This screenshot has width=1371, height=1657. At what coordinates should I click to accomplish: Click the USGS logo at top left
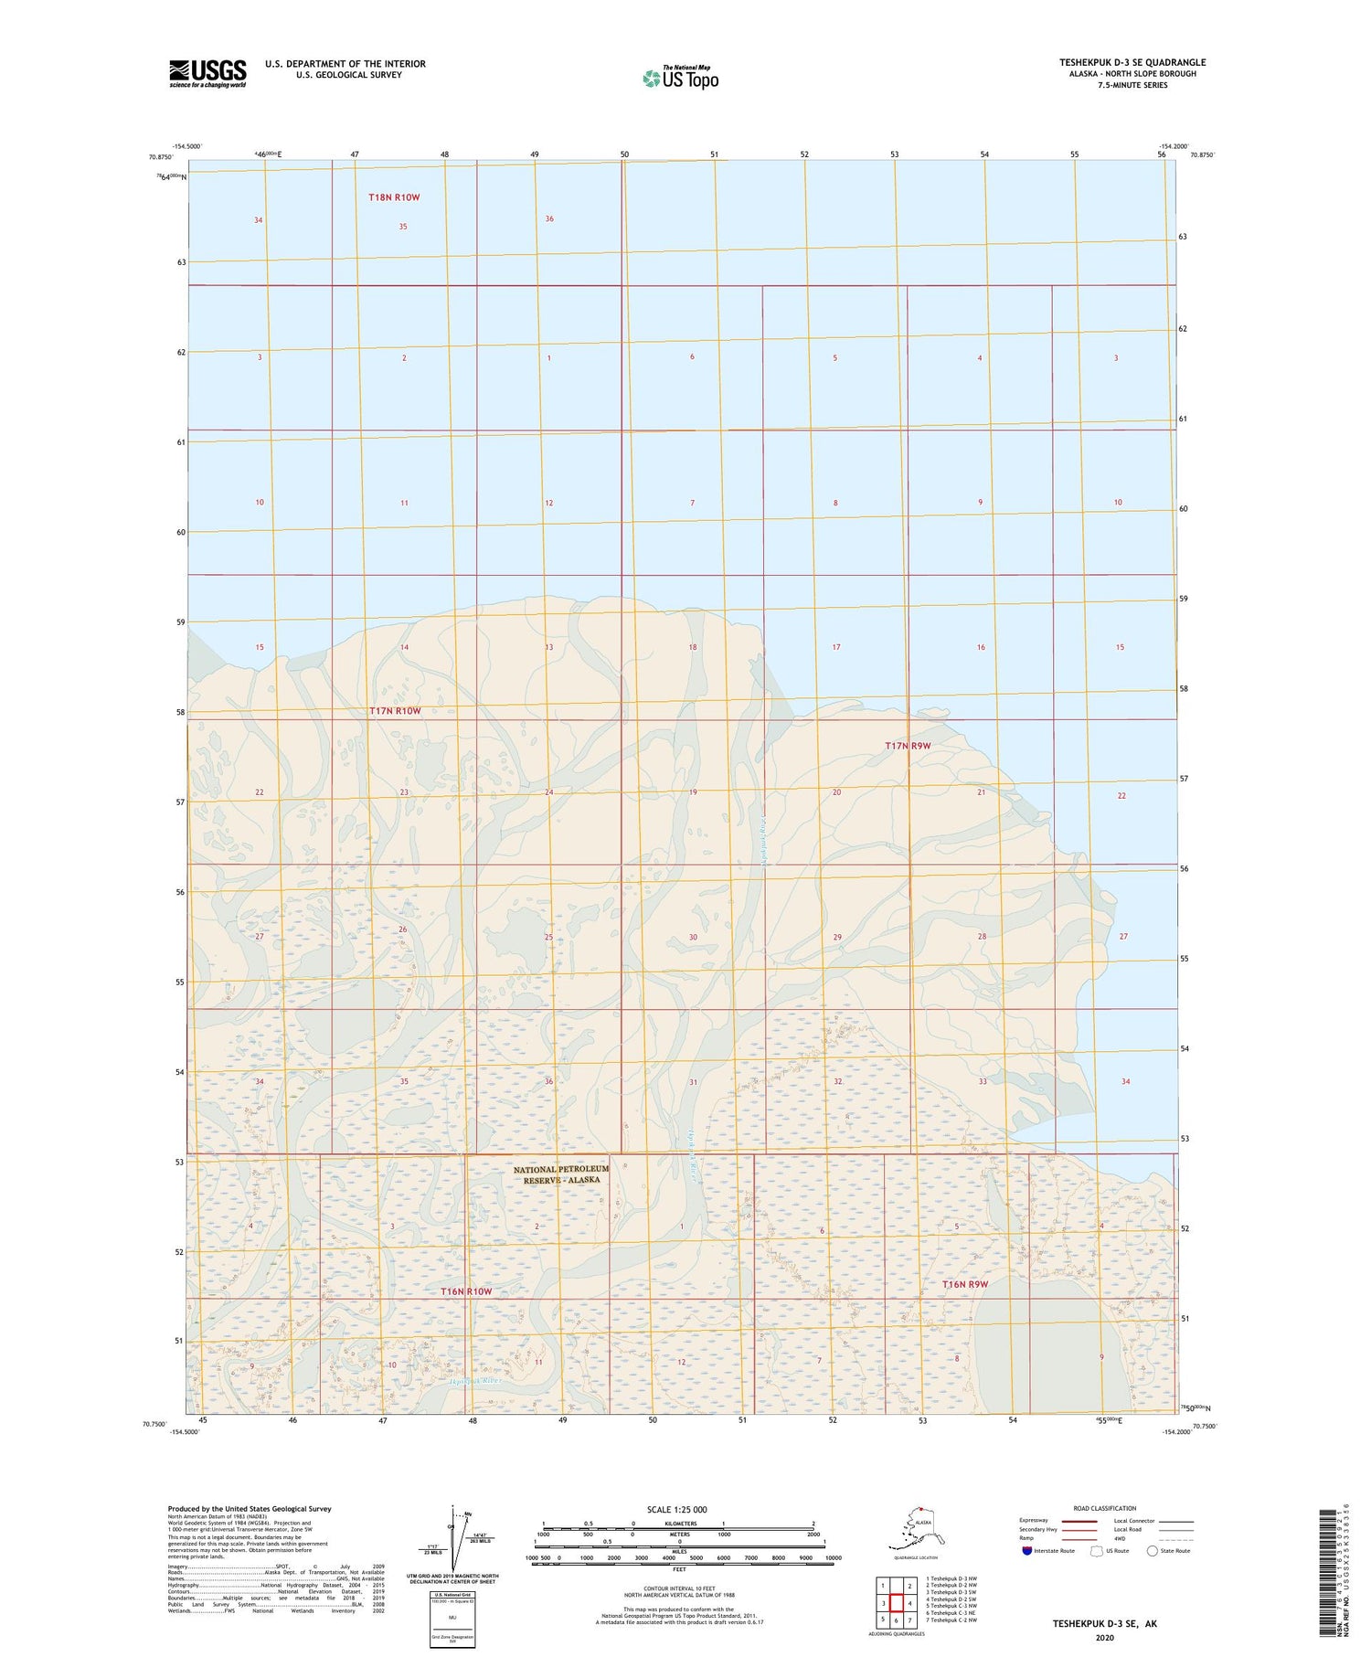coord(207,73)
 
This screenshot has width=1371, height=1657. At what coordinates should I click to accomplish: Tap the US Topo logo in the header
coord(680,78)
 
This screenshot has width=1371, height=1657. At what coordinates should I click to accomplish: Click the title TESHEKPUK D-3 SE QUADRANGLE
coord(1132,62)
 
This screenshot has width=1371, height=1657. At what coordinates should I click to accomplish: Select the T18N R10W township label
coord(394,197)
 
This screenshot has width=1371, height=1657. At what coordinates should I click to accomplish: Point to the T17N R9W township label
coord(907,746)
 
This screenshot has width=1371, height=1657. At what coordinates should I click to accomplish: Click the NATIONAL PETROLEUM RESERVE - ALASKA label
coord(561,1174)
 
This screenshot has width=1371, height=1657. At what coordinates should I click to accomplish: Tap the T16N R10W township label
coord(466,1291)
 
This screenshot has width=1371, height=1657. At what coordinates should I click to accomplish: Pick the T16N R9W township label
coord(965,1284)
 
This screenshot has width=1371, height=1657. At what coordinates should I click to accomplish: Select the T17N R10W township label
coord(395,711)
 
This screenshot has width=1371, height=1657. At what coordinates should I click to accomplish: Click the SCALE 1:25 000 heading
coord(676,1509)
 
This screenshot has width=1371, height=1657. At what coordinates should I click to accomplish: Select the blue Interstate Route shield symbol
coord(1026,1551)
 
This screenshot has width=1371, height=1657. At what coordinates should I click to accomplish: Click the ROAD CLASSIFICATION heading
coord(1105,1508)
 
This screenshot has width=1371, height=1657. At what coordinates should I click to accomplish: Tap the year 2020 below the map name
coord(1104,1637)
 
